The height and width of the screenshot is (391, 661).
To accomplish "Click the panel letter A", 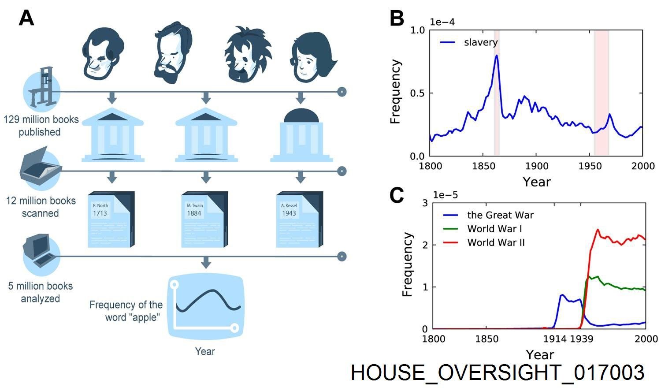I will click(x=26, y=19).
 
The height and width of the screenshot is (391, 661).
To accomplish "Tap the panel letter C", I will click(x=397, y=195).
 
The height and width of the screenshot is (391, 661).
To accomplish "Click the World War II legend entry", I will click(x=496, y=242).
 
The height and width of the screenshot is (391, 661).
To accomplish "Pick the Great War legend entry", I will click(x=500, y=215).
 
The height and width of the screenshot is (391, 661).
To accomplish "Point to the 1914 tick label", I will click(x=555, y=339).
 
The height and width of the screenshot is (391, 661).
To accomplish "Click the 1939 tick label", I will click(x=582, y=339).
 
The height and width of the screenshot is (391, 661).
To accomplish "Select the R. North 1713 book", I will click(x=111, y=219).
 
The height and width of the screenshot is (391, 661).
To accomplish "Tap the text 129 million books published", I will click(x=41, y=126).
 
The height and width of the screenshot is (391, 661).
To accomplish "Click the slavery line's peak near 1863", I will click(x=497, y=56).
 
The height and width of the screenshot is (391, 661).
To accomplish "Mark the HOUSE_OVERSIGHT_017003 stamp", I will click(x=497, y=372).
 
